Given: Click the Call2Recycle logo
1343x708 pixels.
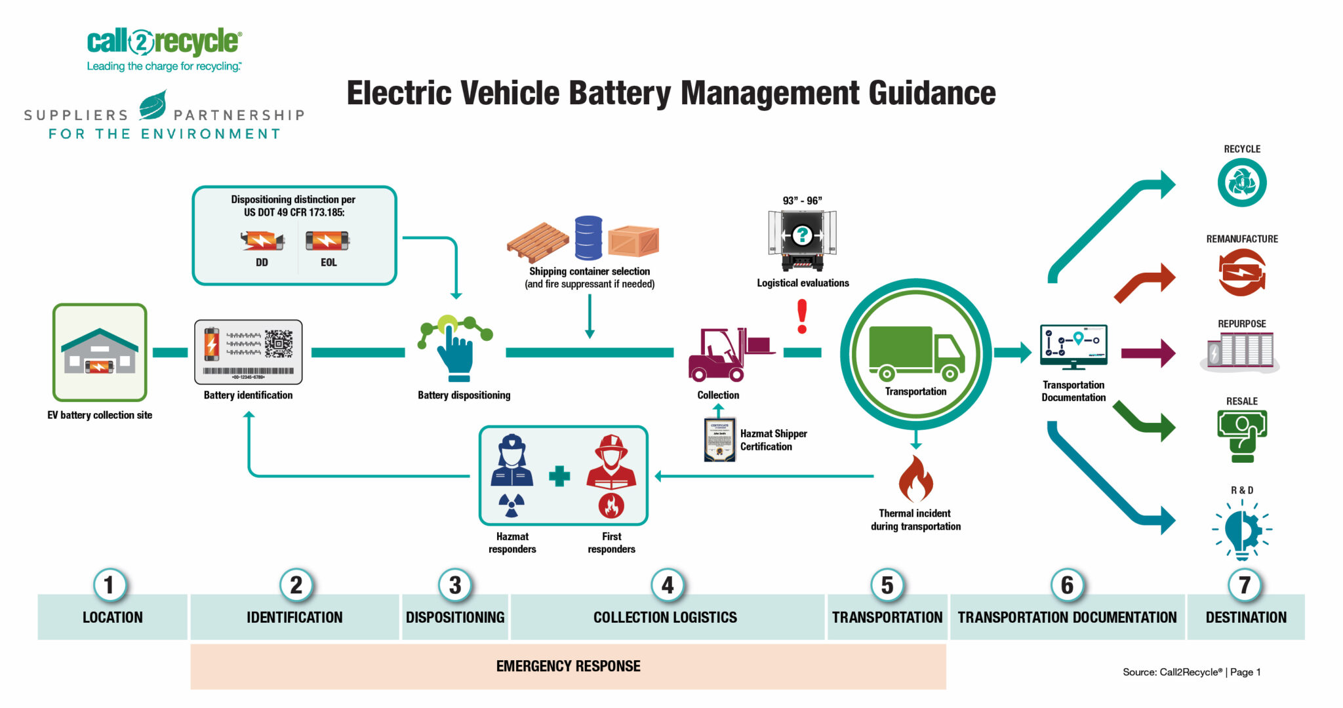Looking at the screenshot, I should pyautogui.click(x=164, y=43).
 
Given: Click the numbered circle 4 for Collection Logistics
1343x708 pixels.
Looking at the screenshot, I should pyautogui.click(x=667, y=585).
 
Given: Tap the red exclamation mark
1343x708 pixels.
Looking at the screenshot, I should pyautogui.click(x=801, y=316).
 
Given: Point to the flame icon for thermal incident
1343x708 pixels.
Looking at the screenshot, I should pyautogui.click(x=915, y=479).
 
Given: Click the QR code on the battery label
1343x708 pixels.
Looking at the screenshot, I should pyautogui.click(x=279, y=343).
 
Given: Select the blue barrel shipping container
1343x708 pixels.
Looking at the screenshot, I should pyautogui.click(x=588, y=237).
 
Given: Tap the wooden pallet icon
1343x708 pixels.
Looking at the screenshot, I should pyautogui.click(x=537, y=243).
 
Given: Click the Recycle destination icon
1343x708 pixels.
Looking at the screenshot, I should pyautogui.click(x=1241, y=183).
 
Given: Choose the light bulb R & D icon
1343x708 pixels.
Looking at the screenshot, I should pyautogui.click(x=1241, y=530).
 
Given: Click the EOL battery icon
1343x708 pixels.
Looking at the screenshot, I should pyautogui.click(x=327, y=241).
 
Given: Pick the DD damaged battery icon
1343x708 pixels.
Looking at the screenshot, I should pyautogui.click(x=262, y=241).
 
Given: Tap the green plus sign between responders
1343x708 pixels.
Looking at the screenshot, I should pyautogui.click(x=559, y=476).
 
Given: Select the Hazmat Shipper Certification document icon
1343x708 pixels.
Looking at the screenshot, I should pyautogui.click(x=719, y=440).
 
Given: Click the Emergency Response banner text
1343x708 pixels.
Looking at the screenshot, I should pyautogui.click(x=568, y=666).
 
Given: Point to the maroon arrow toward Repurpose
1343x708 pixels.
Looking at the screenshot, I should pyautogui.click(x=1147, y=353).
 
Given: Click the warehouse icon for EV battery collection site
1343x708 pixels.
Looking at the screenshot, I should pyautogui.click(x=100, y=353).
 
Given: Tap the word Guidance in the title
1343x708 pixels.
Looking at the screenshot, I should pyautogui.click(x=932, y=93).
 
